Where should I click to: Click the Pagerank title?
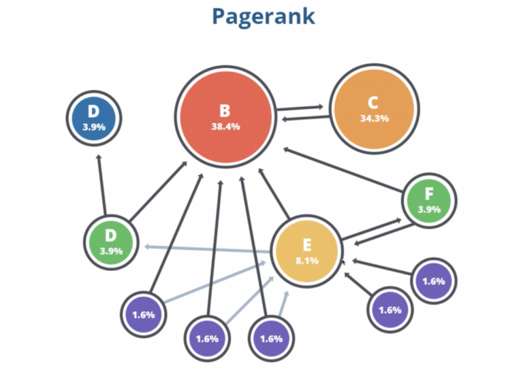click(x=262, y=16)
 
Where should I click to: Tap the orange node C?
click(x=374, y=110)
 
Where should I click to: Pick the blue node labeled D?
click(x=94, y=120)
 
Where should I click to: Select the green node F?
click(x=429, y=200)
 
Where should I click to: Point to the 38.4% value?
click(x=225, y=127)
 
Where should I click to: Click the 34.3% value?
click(x=374, y=118)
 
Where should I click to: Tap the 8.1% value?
click(x=306, y=261)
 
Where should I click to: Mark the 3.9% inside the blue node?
click(x=94, y=128)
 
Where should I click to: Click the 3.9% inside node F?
click(x=429, y=210)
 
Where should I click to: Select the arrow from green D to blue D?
click(x=102, y=184)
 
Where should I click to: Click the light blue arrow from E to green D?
click(x=204, y=247)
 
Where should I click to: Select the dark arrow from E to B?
click(x=274, y=197)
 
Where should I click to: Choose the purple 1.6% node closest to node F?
click(x=434, y=280)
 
